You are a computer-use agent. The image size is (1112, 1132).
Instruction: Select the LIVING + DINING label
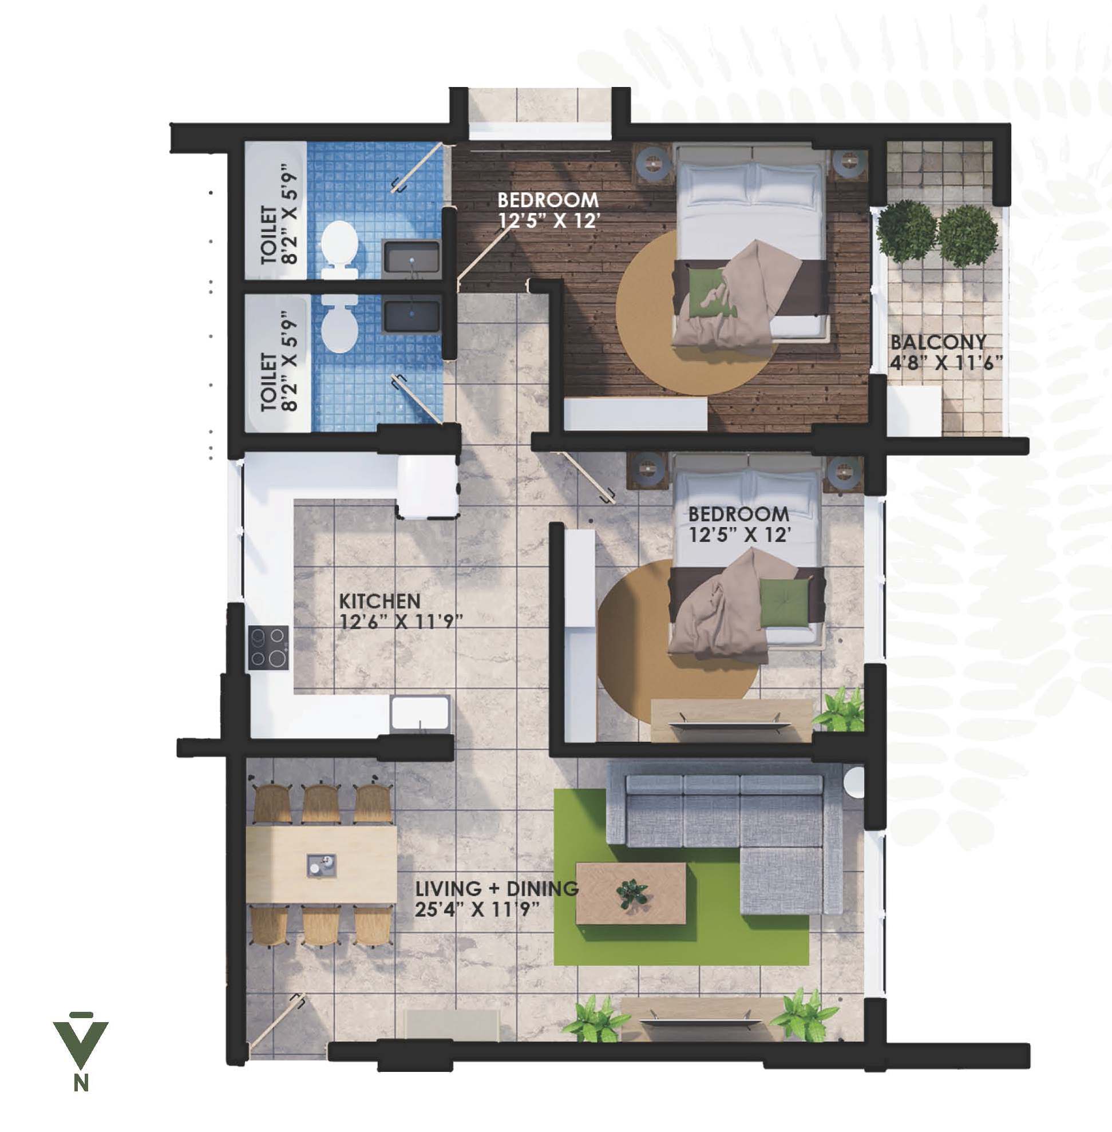pos(496,888)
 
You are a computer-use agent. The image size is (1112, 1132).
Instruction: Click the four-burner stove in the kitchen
pos(268,647)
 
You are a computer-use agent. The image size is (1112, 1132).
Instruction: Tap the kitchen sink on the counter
pos(420,713)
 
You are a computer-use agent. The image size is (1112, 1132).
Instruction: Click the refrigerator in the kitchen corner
pos(428,486)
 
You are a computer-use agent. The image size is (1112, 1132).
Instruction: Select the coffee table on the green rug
pos(631,893)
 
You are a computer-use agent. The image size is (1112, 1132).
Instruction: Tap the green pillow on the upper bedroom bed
pos(707,292)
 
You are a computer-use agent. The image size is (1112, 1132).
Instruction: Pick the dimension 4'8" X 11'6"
pos(946,363)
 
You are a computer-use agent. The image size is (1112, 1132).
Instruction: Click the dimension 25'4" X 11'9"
pos(476,909)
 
